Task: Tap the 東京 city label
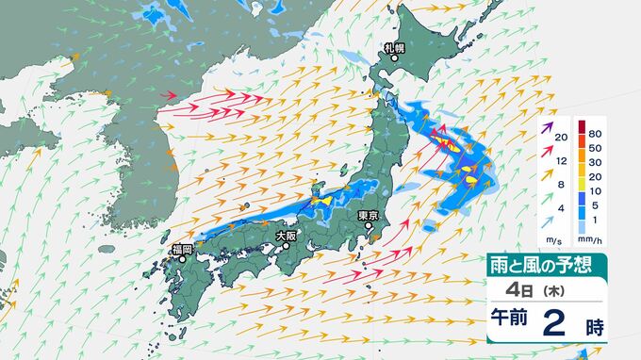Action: pos(370,216)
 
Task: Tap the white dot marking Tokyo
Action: pos(369,227)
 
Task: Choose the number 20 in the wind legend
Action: pos(561,139)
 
